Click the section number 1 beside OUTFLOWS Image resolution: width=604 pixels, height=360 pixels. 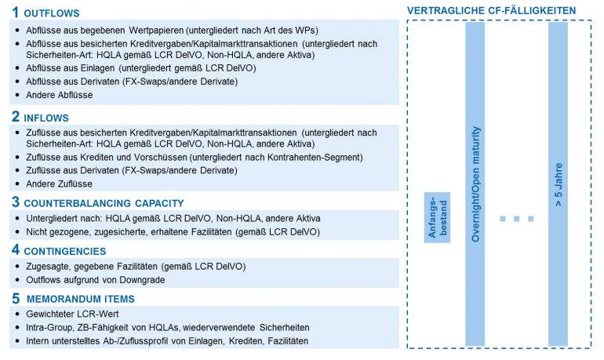tap(16, 13)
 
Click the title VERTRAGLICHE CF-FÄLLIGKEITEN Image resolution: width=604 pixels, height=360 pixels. tap(492, 10)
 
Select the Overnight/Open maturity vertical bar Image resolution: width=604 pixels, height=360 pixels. tap(475, 184)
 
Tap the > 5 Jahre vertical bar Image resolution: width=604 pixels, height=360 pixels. tap(558, 184)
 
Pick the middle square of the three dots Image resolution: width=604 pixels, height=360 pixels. tap(517, 218)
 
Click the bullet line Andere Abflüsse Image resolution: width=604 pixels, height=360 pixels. tap(60, 95)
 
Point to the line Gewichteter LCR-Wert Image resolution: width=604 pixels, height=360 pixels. tap(78, 314)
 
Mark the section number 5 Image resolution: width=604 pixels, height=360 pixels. tap(16, 299)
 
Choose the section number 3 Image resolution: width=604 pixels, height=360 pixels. tap(16, 202)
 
